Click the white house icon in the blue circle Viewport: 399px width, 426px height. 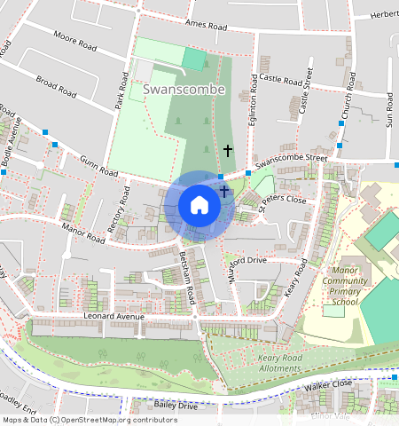(x=199, y=205)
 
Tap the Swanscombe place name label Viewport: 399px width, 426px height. (x=178, y=90)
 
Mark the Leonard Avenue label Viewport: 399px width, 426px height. (x=112, y=316)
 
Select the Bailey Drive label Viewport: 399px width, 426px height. (x=176, y=406)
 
